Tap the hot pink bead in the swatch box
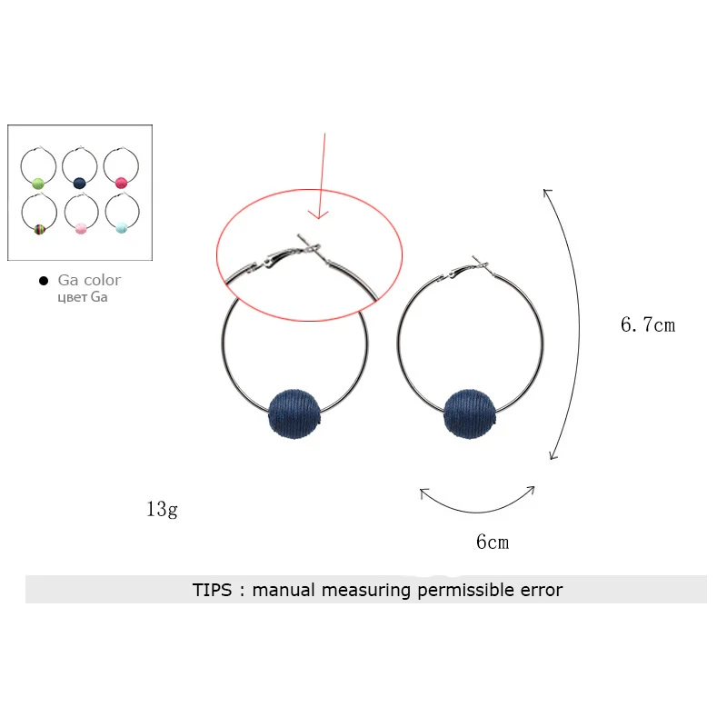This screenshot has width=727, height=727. tap(122, 182)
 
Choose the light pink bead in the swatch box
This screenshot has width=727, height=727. tap(80, 227)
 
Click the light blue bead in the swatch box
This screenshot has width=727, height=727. tap(122, 227)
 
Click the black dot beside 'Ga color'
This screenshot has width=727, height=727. tap(43, 281)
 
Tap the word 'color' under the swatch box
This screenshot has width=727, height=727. tap(101, 280)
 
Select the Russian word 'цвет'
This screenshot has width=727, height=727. tap(72, 297)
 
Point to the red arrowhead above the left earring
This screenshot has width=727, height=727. tap(317, 214)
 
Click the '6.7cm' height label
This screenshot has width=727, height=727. tap(648, 324)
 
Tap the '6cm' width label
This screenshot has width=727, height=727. tap(493, 543)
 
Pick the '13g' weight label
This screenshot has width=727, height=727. tap(162, 509)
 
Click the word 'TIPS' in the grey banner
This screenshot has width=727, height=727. tap(213, 590)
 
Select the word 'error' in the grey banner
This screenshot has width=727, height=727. tap(541, 590)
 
